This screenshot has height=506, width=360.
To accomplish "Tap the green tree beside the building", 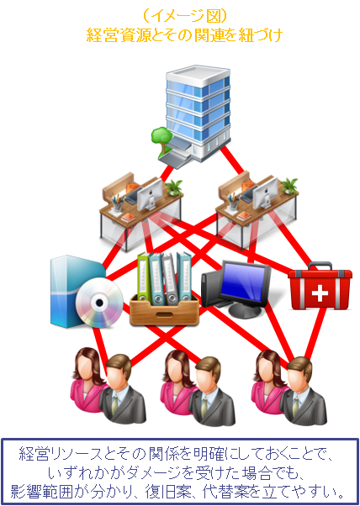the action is click(161, 140).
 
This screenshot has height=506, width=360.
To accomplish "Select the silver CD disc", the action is click(99, 303).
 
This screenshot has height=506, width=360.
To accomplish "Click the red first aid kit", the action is click(320, 287).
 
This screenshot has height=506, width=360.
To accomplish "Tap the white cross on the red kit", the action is click(320, 293).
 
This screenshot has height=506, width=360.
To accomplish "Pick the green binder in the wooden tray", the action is click(143, 277).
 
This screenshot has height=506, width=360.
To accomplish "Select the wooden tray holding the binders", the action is click(164, 309).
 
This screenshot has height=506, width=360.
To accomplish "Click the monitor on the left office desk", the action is click(150, 194).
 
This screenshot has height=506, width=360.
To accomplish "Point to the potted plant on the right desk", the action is click(289, 187).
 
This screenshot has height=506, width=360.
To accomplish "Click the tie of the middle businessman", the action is click(204, 407).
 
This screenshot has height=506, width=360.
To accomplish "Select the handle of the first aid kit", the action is click(320, 266).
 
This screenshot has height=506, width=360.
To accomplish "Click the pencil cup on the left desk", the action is click(117, 203).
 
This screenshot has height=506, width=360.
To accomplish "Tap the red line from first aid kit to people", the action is click(315, 335).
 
